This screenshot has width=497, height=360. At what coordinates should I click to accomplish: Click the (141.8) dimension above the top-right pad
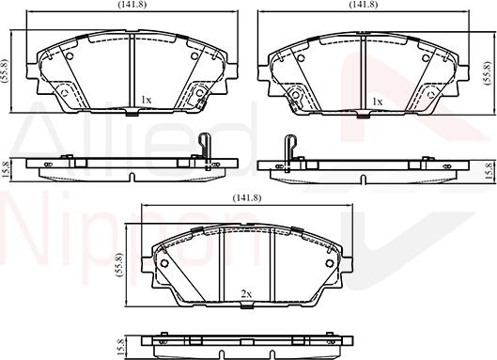364,5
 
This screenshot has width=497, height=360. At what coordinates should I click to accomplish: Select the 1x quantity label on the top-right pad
377,100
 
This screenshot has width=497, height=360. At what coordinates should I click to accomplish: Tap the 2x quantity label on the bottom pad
247,294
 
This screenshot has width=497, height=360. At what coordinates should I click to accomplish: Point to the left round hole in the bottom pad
164,264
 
